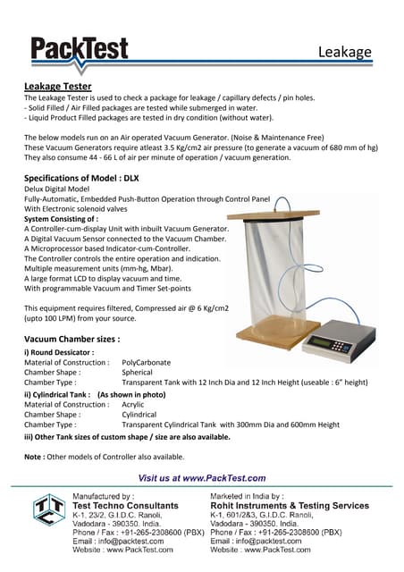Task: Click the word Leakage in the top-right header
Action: pos(345,52)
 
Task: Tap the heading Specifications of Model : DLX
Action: pos(81,178)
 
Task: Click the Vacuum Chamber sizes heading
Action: pos(72,339)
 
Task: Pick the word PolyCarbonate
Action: pos(147,362)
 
